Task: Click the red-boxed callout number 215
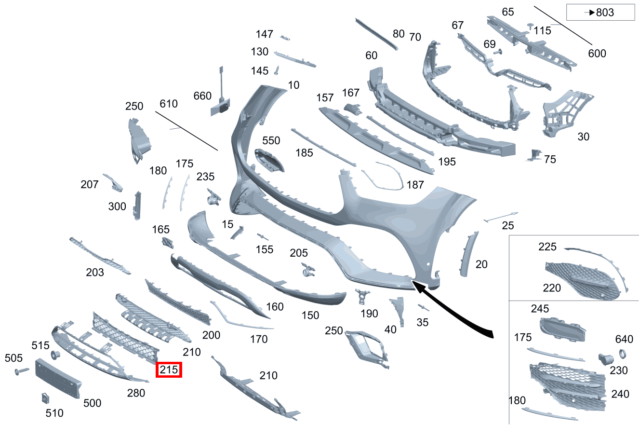pyautogui.click(x=169, y=370)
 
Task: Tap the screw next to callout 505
pyautogui.click(x=22, y=371)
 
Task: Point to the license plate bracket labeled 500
pyautogui.click(x=58, y=378)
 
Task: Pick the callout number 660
pyautogui.click(x=202, y=96)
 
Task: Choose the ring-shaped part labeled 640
pyautogui.click(x=623, y=354)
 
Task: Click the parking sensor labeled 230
pyautogui.click(x=605, y=359)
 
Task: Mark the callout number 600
pyautogui.click(x=597, y=54)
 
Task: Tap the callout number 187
pyautogui.click(x=415, y=185)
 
